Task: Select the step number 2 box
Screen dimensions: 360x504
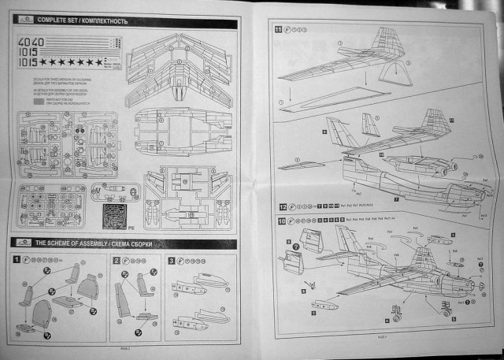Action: (117, 260)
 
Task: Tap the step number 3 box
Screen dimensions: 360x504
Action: (172, 260)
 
